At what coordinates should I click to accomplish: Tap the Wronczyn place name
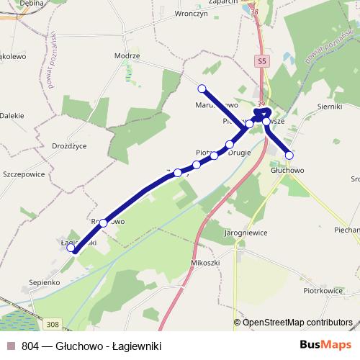pos(192,13)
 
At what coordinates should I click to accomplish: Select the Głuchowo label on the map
pos(287,171)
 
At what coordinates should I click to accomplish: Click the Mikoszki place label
pos(204,264)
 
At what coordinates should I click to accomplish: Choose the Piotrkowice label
pos(321,292)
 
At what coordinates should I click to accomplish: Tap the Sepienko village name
pos(44,282)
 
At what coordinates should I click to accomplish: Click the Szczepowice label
pos(24,174)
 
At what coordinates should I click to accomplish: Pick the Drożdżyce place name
pos(69,145)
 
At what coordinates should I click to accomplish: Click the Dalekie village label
pos(12,115)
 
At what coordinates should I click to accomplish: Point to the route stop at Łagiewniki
pos(71,249)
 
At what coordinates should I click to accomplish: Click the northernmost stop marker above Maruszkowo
pos(202,89)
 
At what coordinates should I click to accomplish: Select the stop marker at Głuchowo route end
pos(289,155)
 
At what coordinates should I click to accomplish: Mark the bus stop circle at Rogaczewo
pos(104,223)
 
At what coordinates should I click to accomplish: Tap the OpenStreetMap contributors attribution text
pos(297,323)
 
